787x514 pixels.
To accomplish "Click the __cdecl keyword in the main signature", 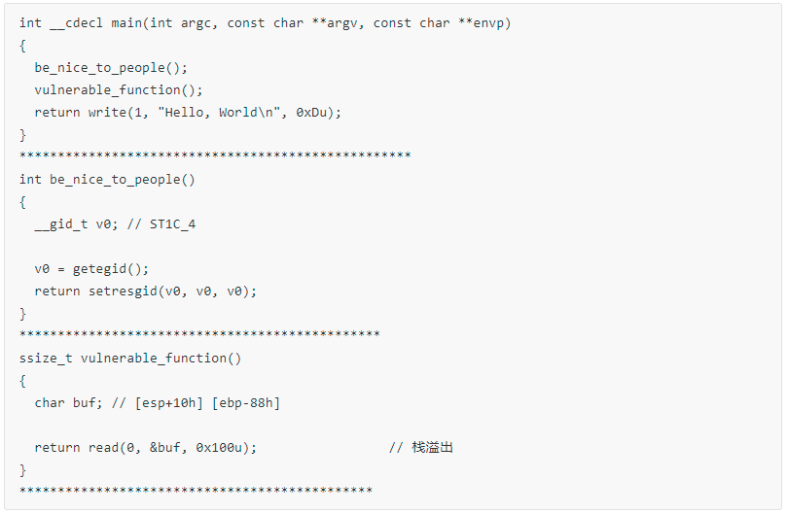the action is [x=76, y=23].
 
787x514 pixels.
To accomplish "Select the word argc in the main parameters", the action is [x=196, y=24].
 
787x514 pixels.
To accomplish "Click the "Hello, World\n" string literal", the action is [x=219, y=113].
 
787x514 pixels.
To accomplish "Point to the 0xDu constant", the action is [x=311, y=113].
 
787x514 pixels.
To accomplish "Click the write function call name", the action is [x=107, y=113].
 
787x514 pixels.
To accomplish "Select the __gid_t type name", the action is [x=60, y=224].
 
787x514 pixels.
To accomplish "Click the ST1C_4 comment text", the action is [x=172, y=224].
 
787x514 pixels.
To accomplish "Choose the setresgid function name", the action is [x=123, y=291].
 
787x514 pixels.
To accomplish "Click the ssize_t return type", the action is [x=46, y=359].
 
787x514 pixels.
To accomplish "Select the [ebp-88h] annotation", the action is [x=246, y=403].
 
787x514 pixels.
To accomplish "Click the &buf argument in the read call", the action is [x=164, y=448].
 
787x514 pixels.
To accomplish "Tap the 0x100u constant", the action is [x=219, y=448].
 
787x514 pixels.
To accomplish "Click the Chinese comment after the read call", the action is [x=432, y=447].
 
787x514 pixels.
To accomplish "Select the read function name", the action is [x=103, y=448].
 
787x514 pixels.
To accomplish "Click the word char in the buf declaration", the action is [x=50, y=403].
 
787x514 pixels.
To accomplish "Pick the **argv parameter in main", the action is [x=336, y=24].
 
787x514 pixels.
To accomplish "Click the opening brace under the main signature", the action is [x=22, y=46].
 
